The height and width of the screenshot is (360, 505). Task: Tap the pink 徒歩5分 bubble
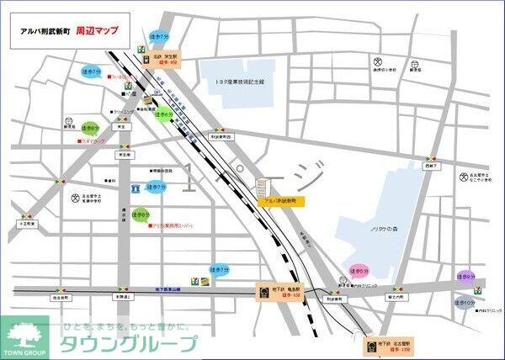[x=358, y=271]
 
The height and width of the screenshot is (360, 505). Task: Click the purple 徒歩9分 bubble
[x=465, y=275]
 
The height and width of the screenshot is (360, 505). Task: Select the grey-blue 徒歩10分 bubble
[x=465, y=303]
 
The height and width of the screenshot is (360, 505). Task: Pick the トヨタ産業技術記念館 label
[x=239, y=82]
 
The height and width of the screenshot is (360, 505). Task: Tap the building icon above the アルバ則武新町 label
[x=263, y=193]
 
